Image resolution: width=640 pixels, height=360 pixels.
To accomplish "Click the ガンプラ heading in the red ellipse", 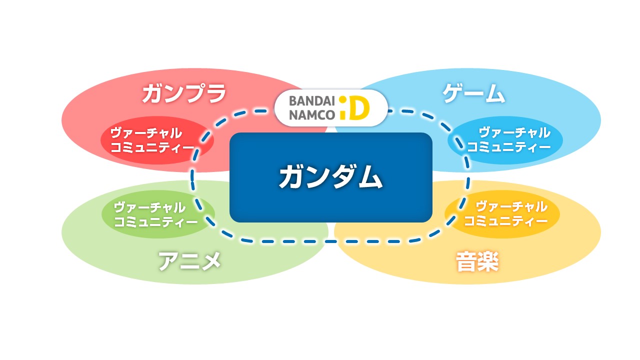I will tap(184, 93).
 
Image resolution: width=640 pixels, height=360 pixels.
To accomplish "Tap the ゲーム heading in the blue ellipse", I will tap(473, 93).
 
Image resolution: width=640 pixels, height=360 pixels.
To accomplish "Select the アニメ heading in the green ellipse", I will tap(189, 260).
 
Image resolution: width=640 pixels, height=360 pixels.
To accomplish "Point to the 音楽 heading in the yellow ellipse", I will tap(477, 262).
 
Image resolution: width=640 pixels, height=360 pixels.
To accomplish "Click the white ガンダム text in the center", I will tap(330, 177).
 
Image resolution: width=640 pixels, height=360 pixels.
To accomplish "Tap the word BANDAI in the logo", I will tap(311, 100).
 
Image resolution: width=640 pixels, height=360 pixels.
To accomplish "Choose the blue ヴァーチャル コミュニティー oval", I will tap(505, 140).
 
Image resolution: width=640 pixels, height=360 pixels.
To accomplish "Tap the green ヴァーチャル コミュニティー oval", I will tap(157, 214).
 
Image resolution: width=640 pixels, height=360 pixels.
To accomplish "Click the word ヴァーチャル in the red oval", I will tap(146, 133).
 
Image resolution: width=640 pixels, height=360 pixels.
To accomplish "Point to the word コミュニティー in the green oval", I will tap(156, 221).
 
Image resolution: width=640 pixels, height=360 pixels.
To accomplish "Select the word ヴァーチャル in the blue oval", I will tap(514, 133).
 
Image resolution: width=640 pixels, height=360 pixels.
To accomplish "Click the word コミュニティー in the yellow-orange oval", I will tap(505, 220).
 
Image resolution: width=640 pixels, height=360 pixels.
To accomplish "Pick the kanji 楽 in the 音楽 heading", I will tap(488, 262).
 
